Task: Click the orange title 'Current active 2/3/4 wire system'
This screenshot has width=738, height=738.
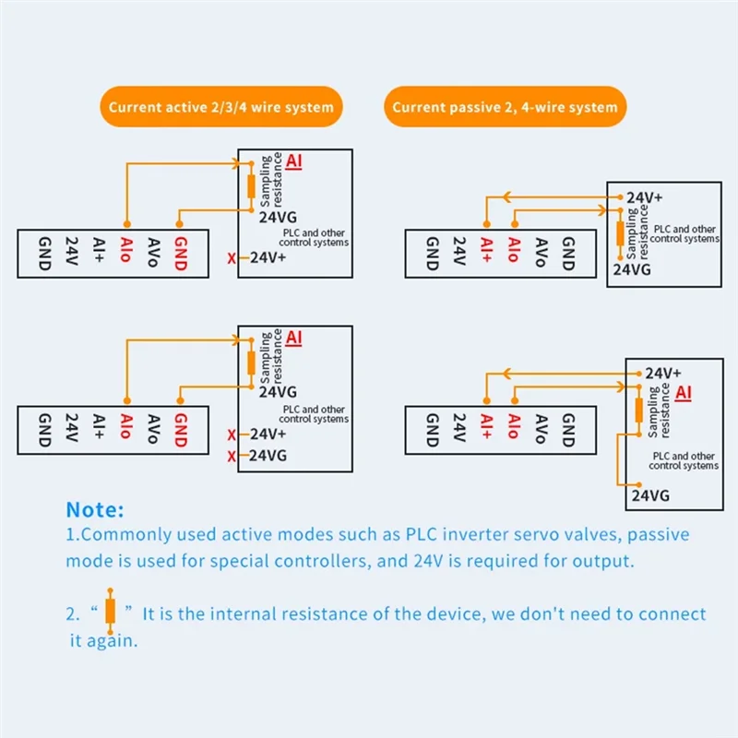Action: [x=221, y=107]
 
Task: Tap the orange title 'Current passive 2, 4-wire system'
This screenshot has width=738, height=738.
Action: [x=505, y=107]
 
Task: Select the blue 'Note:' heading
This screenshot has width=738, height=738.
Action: [x=95, y=509]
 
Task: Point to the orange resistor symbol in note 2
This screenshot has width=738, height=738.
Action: [x=110, y=611]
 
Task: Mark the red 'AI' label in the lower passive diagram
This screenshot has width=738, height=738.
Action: [x=684, y=393]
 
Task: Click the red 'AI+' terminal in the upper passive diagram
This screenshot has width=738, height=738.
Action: [x=486, y=252]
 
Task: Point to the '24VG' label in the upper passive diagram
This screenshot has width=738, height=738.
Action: [x=633, y=269]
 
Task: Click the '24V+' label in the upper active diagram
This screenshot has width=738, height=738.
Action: [x=268, y=257]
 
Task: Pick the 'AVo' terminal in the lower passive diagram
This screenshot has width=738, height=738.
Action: [x=541, y=431]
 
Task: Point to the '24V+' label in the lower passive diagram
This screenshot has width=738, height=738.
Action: [x=662, y=373]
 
